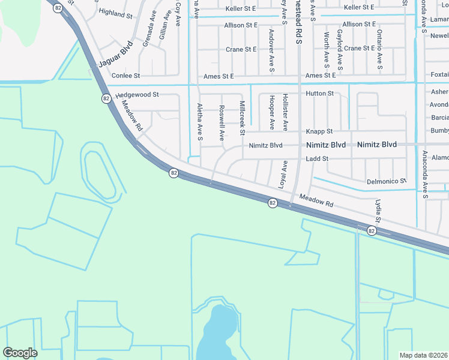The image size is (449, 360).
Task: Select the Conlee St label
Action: (125, 76)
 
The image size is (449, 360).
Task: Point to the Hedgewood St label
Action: (137, 95)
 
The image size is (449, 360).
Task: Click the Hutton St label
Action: (319, 94)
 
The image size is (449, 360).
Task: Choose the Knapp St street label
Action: (319, 131)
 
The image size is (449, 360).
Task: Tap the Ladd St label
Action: (317, 158)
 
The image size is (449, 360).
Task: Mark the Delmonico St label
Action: (387, 181)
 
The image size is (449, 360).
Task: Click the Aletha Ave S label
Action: (200, 122)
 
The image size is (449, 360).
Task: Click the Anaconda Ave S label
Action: (424, 174)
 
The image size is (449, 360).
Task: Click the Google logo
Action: (20, 353)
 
